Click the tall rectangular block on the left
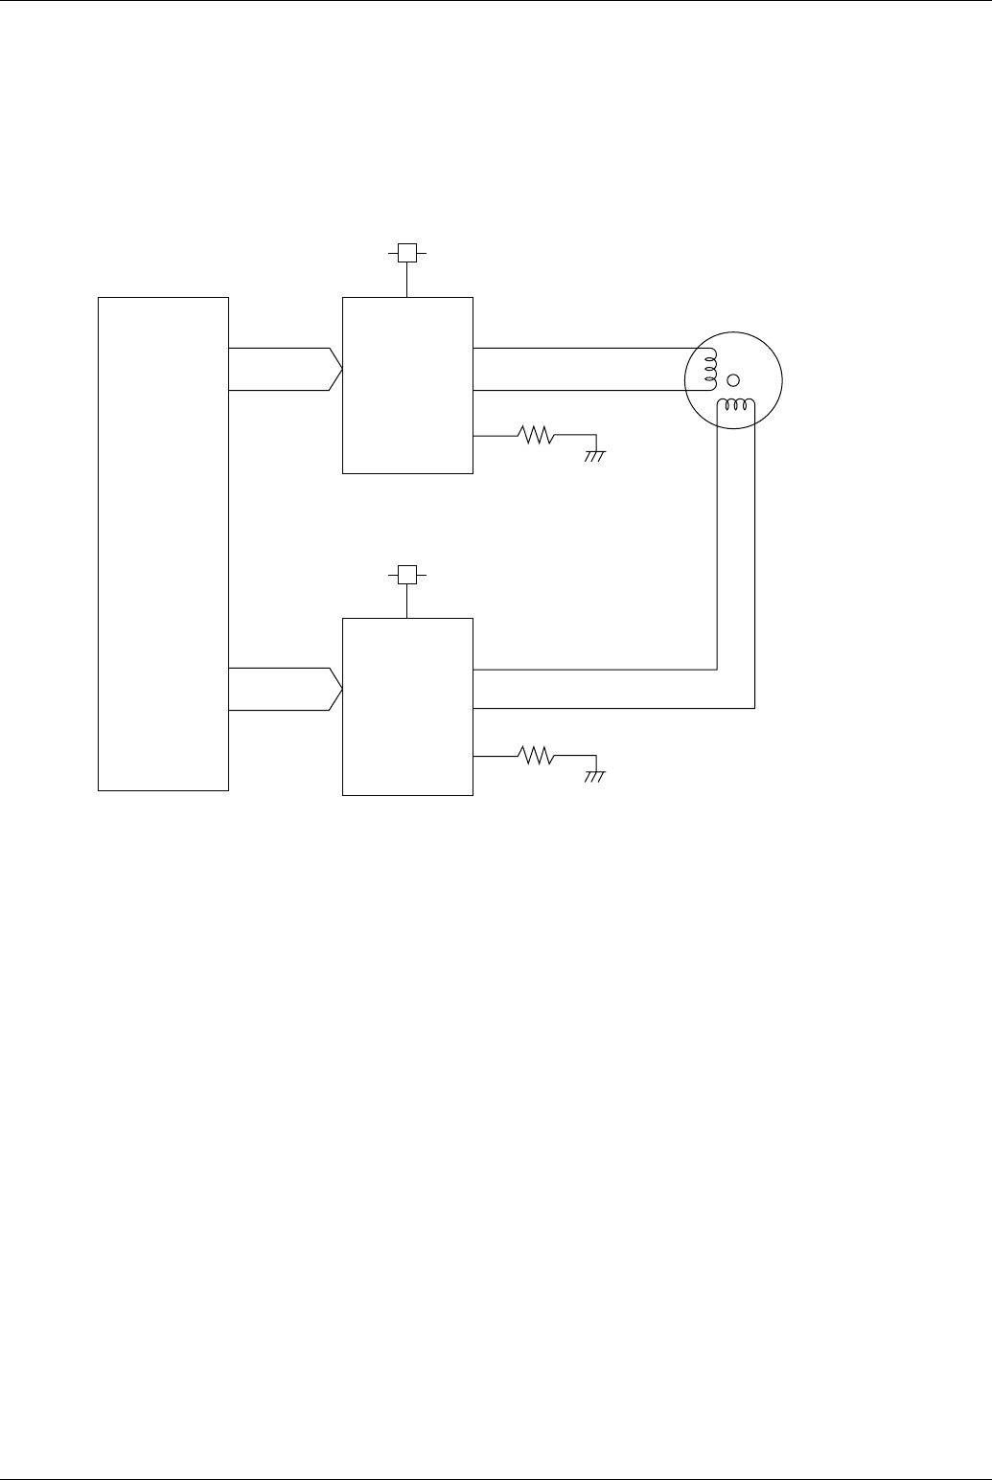(163, 543)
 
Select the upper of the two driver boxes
(407, 385)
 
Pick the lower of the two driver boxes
(407, 706)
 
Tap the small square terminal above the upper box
(407, 253)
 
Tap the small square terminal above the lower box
(407, 574)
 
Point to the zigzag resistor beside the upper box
(537, 436)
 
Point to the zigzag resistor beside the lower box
(537, 757)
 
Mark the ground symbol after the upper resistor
(595, 455)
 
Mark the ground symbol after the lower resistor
(595, 776)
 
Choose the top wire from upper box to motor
(585, 349)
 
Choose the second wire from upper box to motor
(585, 391)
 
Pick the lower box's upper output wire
(594, 669)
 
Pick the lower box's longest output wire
(613, 708)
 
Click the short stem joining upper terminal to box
(407, 280)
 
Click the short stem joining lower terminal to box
(407, 601)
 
